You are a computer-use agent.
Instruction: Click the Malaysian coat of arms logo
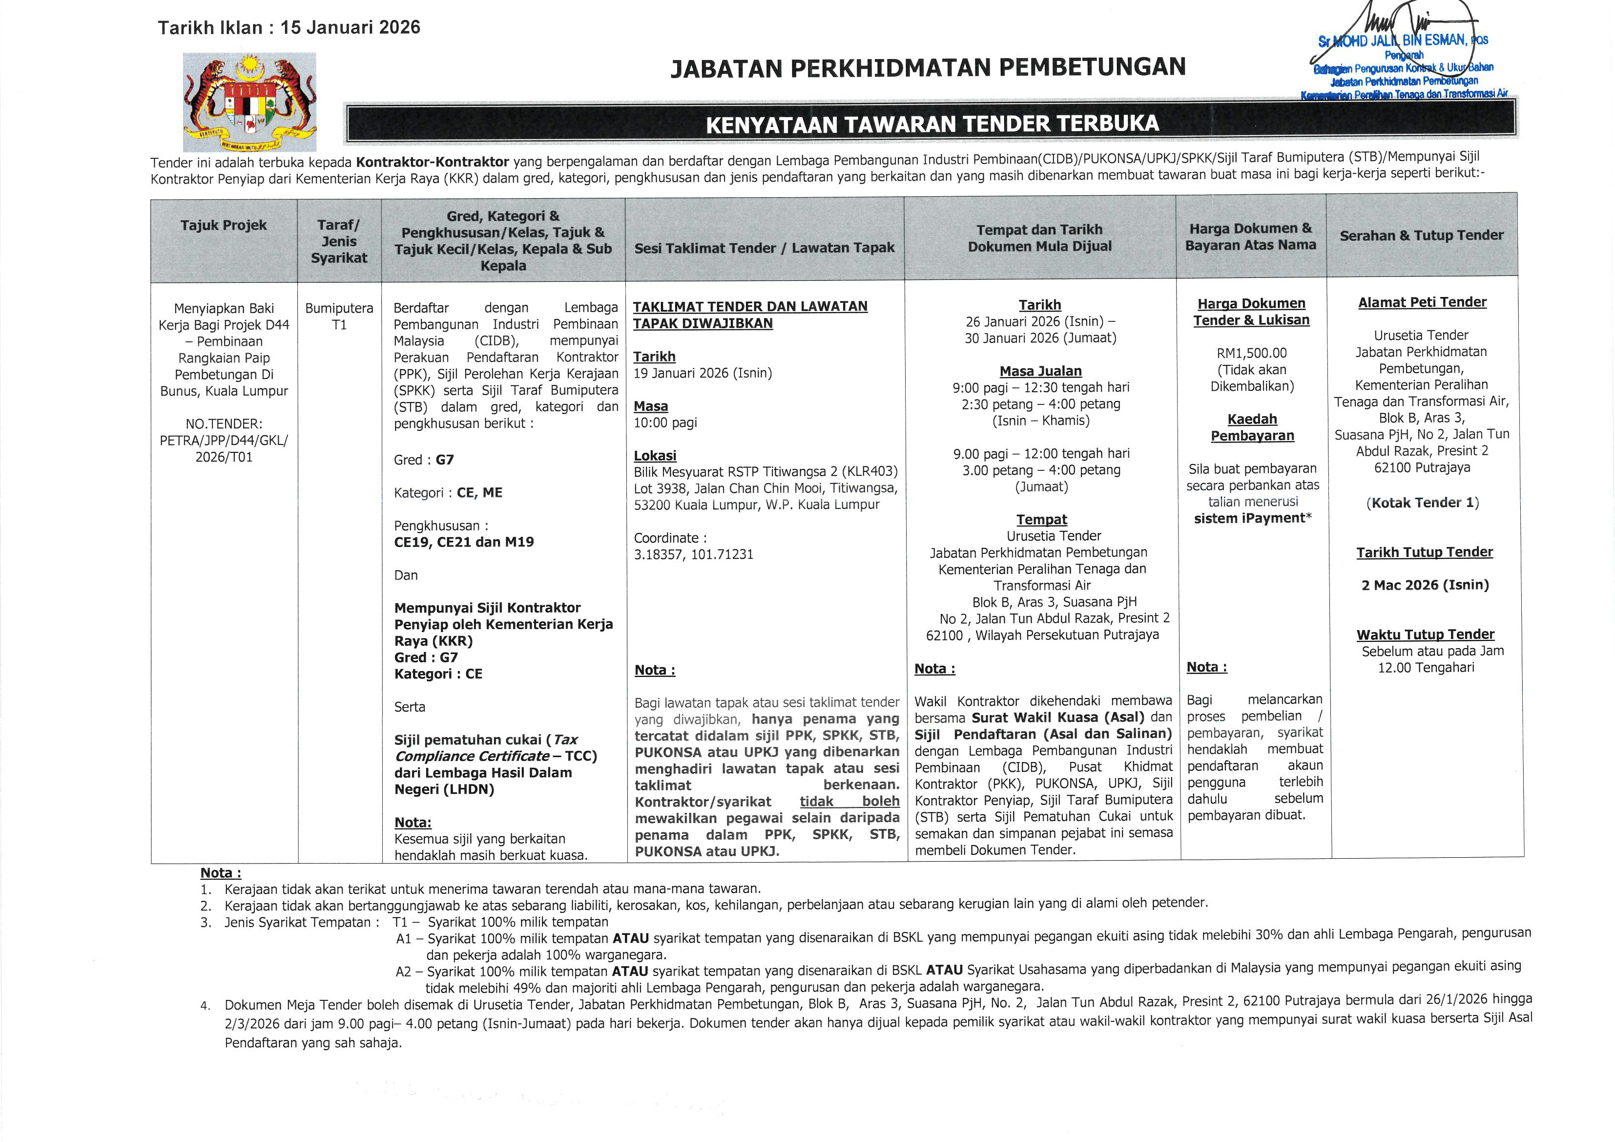(x=249, y=102)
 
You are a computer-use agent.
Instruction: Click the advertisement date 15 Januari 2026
(x=351, y=27)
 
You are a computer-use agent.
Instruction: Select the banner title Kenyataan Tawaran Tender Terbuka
(x=932, y=125)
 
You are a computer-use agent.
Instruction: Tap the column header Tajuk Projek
(x=224, y=225)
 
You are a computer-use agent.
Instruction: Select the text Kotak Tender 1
(x=1422, y=503)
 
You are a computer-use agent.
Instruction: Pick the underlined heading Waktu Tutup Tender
(x=1425, y=634)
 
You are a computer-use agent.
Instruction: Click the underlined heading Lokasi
(x=655, y=456)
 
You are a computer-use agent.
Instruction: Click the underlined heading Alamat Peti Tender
(x=1422, y=302)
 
